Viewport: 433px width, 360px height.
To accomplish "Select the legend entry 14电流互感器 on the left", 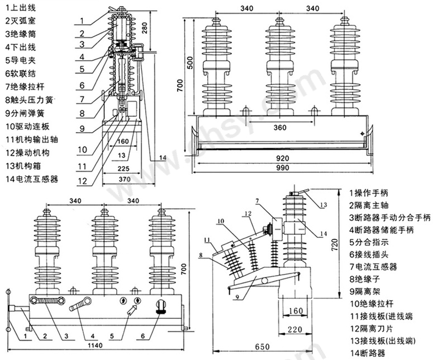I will (x=31, y=179).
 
